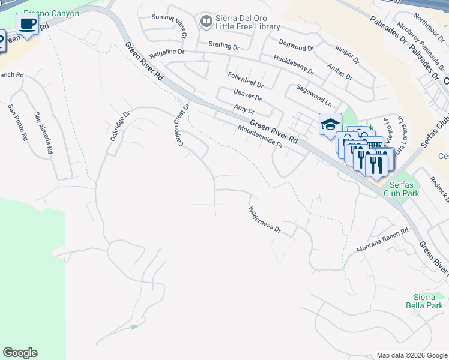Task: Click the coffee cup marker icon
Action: [26, 24]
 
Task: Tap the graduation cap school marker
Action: [330, 125]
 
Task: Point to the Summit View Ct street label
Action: [169, 27]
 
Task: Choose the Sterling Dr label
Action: [224, 45]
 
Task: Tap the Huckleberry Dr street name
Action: [294, 65]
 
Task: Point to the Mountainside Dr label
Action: [260, 136]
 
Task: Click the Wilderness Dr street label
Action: [265, 220]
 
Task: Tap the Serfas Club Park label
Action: [403, 190]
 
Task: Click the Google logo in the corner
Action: [20, 353]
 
